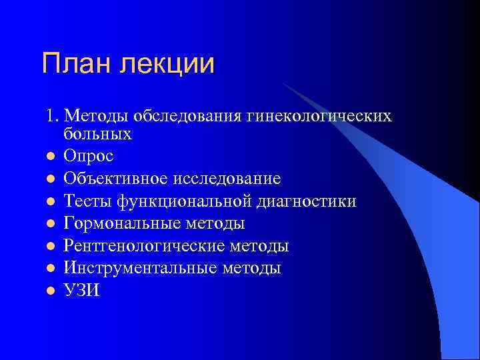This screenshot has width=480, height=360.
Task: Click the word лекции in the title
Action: pyautogui.click(x=168, y=65)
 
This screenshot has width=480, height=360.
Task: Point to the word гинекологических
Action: pyautogui.click(x=325, y=117)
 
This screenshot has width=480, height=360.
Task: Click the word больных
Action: pyautogui.click(x=98, y=134)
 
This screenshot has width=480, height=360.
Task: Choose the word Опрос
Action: pyautogui.click(x=89, y=157)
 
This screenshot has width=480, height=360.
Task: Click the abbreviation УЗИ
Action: pyautogui.click(x=81, y=291)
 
